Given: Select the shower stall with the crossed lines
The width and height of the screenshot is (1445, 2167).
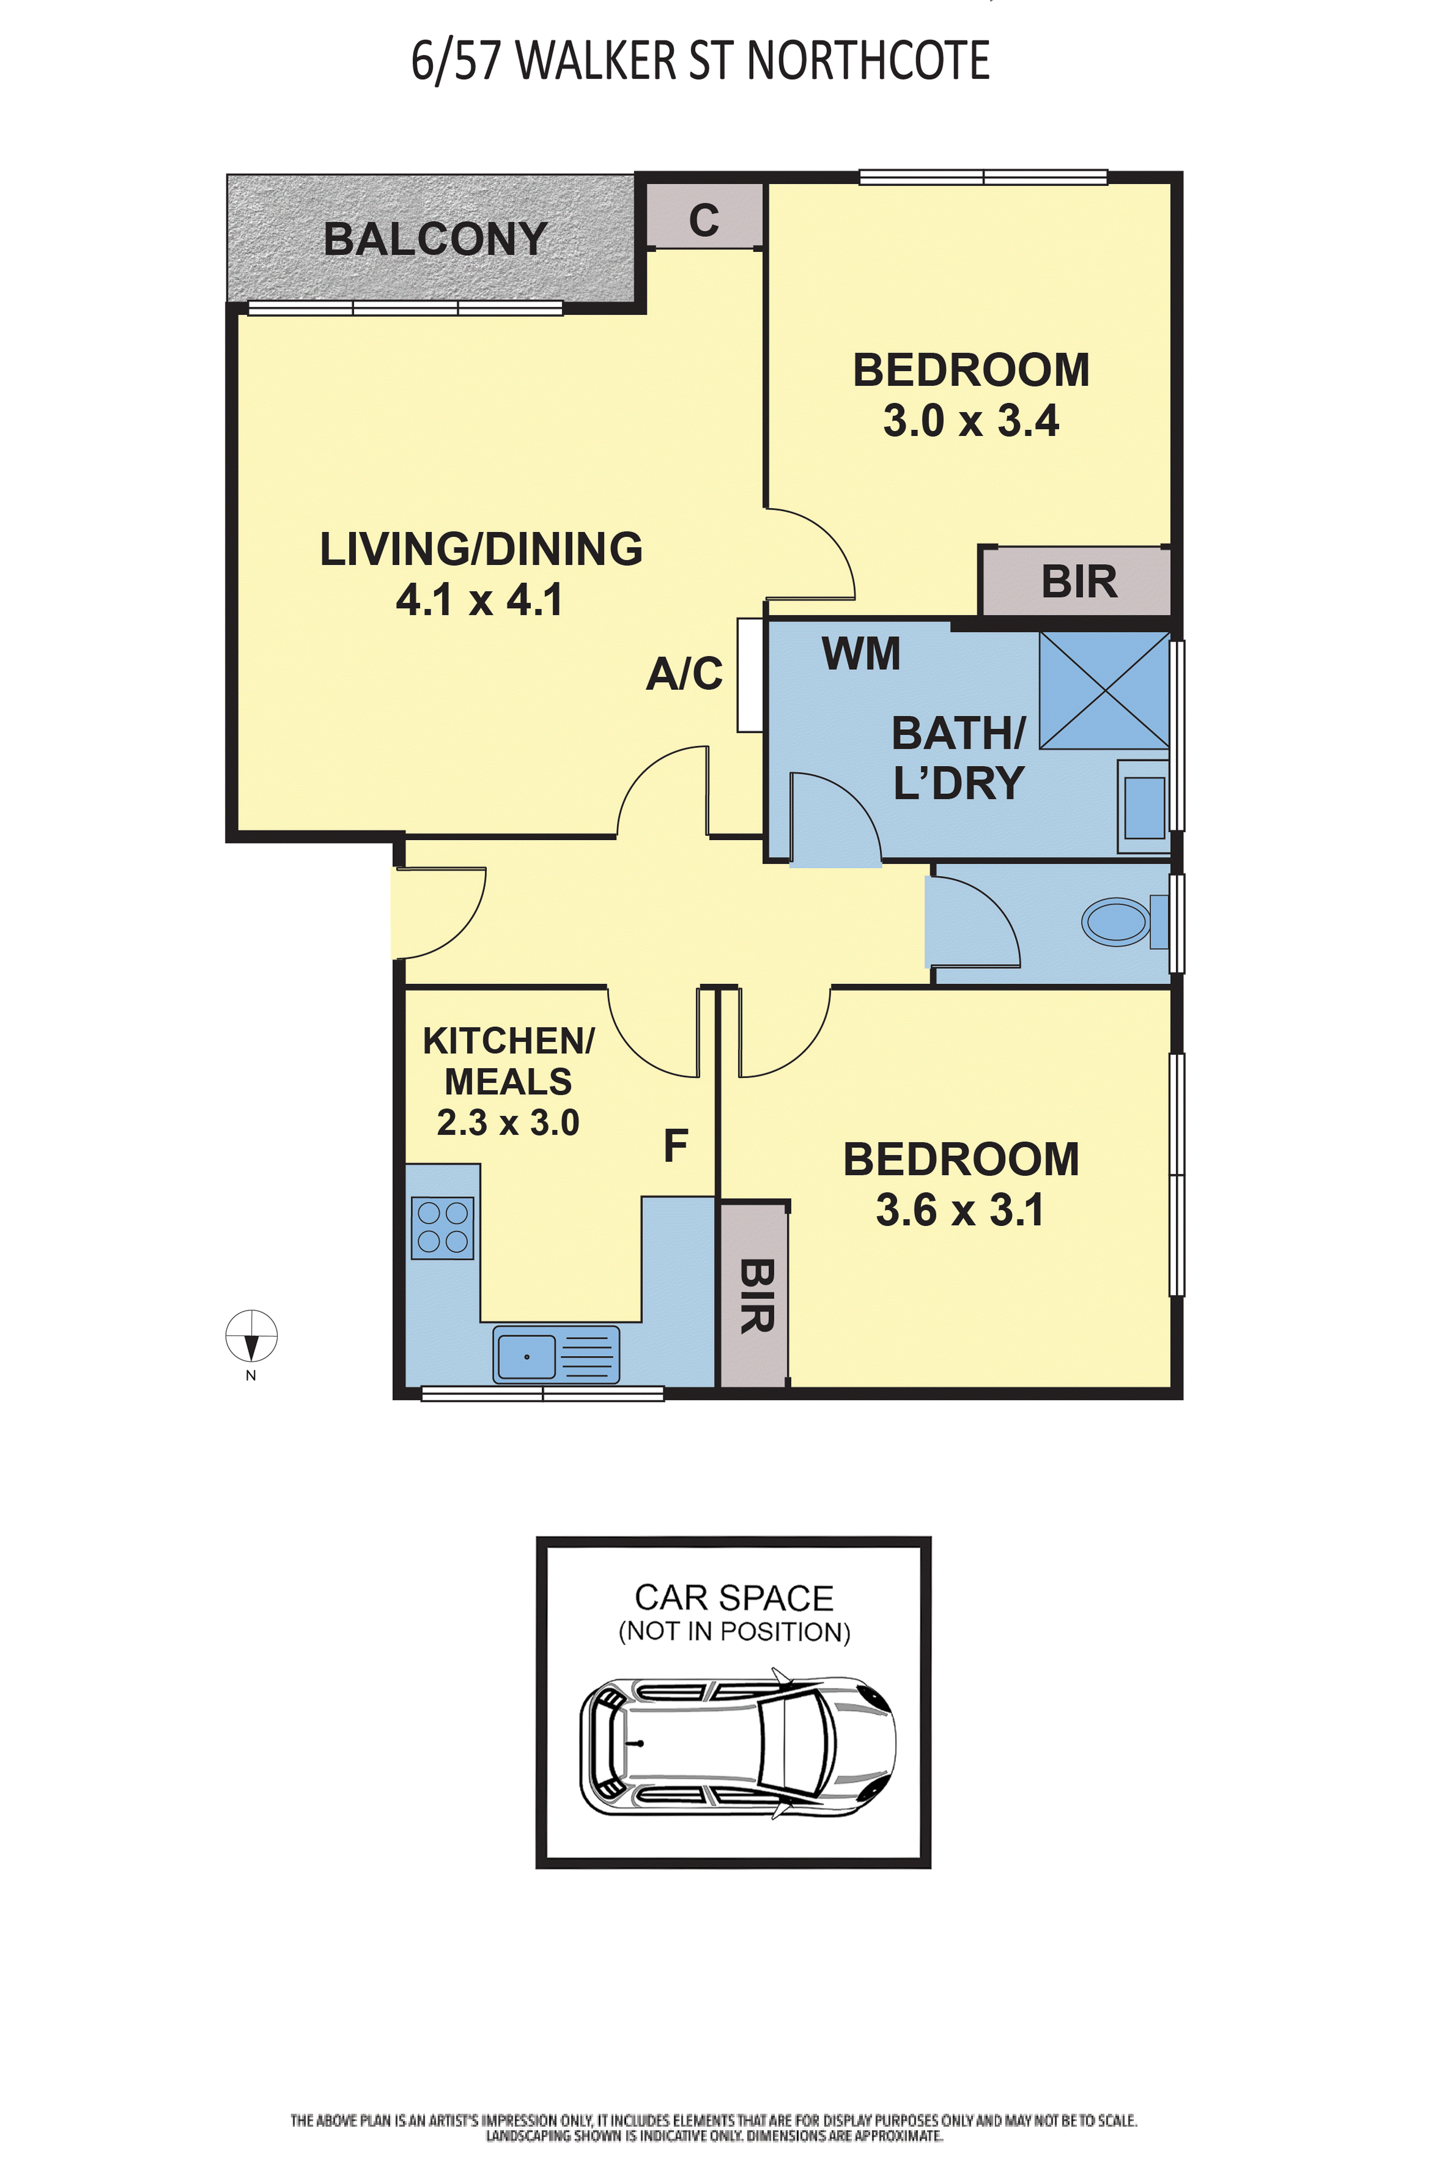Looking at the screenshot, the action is (x=1104, y=690).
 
